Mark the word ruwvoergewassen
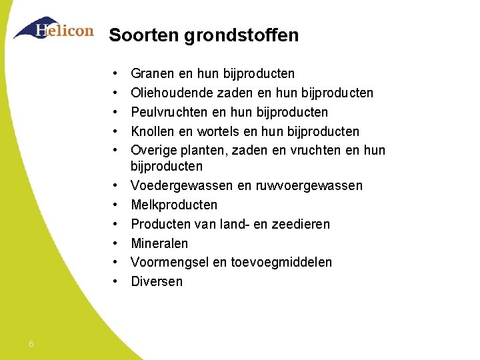coord(309,185)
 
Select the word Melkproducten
coord(174,205)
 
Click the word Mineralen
coord(159,243)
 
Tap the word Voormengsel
coord(170,263)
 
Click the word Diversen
coord(157,281)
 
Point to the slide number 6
coord(31,344)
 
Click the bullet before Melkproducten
coord(116,205)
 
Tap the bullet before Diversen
coord(116,281)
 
